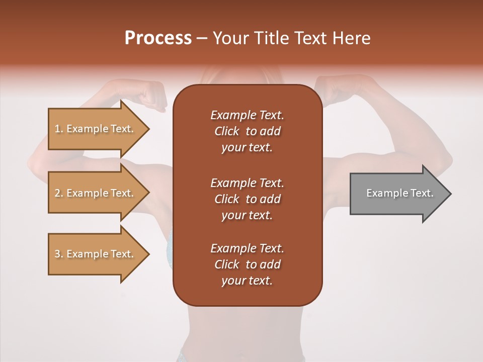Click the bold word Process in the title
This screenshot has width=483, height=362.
click(158, 38)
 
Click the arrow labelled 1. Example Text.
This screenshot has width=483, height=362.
click(96, 129)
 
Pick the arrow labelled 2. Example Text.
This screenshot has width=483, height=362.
click(96, 193)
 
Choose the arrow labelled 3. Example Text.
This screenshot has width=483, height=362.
click(96, 254)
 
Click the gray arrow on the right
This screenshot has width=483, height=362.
click(397, 194)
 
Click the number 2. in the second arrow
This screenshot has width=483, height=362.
click(59, 193)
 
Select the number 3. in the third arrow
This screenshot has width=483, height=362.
click(59, 254)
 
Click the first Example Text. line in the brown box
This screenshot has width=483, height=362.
click(247, 115)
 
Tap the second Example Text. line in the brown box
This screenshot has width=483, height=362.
click(247, 183)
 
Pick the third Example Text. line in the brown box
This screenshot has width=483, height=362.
click(247, 248)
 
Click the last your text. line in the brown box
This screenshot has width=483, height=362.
click(247, 281)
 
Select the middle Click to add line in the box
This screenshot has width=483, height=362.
click(247, 199)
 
